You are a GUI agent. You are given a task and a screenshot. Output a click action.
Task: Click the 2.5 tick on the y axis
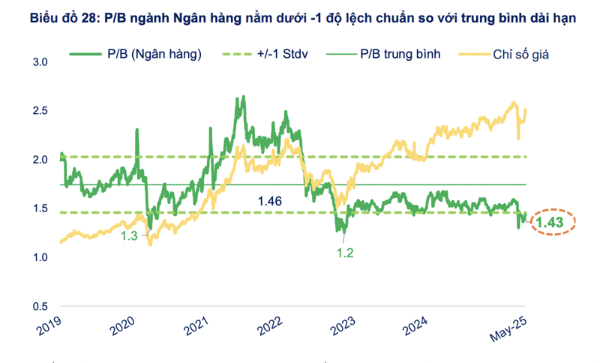point(40,111)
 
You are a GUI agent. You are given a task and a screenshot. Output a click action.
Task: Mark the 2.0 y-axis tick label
point(40,160)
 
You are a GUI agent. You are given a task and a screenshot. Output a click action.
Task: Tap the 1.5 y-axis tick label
point(40,208)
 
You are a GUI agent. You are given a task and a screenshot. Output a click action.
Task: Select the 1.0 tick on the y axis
point(40,258)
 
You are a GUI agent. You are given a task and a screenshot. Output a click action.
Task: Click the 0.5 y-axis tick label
point(40,307)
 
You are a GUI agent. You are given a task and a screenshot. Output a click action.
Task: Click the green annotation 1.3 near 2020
point(130,236)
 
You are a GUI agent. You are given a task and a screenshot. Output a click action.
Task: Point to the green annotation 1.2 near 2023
point(345,253)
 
